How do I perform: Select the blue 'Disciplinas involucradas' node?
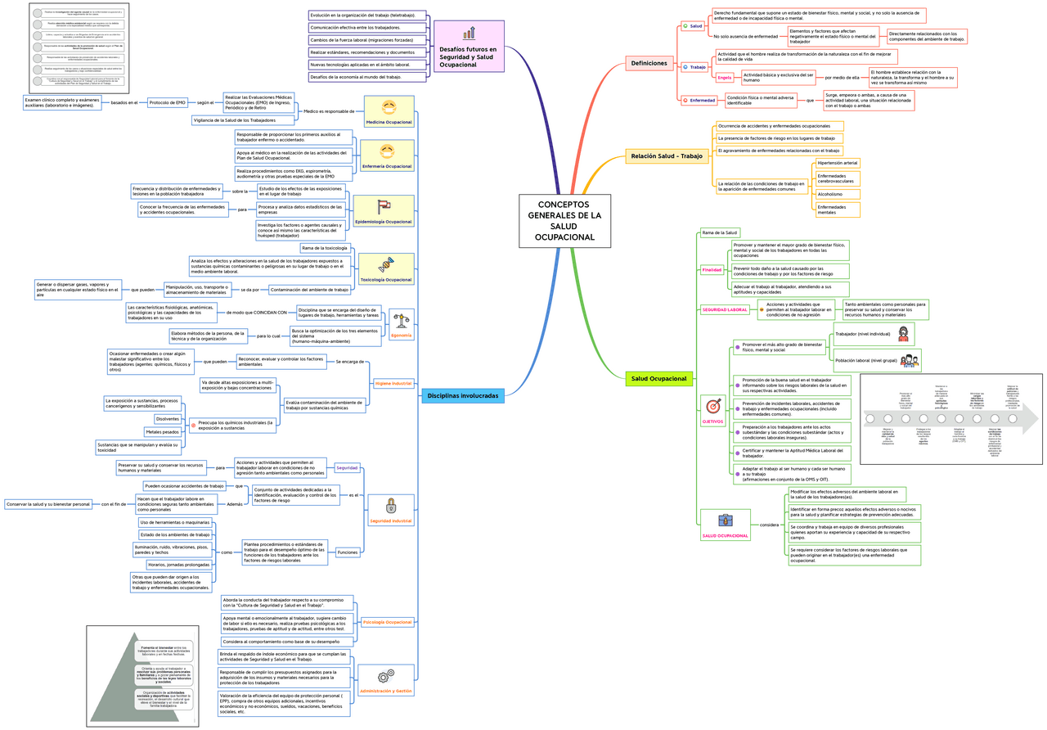[462, 395]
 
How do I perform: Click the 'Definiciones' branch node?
[649, 63]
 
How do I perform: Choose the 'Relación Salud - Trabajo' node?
[666, 155]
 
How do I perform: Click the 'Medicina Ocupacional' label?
[389, 122]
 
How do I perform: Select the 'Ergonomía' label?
[402, 336]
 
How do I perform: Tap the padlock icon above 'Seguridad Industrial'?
[390, 506]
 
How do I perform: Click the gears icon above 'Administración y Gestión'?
[386, 676]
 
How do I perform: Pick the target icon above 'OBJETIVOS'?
[713, 405]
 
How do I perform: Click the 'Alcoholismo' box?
[830, 194]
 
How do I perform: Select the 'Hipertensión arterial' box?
[838, 163]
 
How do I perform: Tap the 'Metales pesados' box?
[162, 431]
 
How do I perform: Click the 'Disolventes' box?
[168, 419]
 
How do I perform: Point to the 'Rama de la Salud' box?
[720, 233]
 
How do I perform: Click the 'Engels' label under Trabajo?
[725, 78]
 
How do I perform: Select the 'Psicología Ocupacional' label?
[388, 623]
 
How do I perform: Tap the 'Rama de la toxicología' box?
[325, 248]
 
